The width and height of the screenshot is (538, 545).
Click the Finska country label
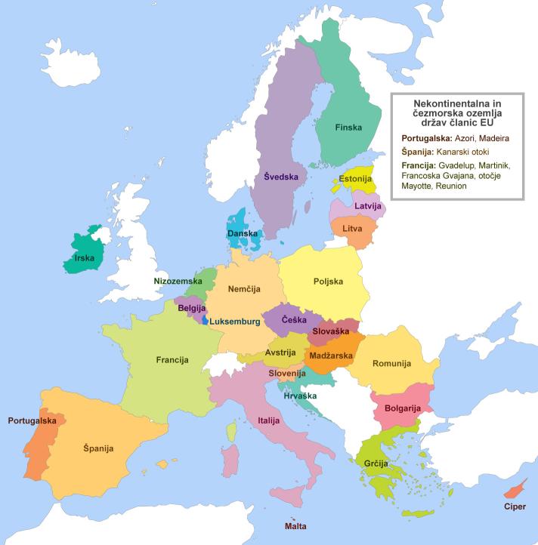(348, 128)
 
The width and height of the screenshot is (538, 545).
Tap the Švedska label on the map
(281, 177)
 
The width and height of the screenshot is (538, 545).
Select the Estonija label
(355, 179)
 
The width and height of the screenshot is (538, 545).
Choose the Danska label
(243, 234)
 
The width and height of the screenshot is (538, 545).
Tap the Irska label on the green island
(84, 257)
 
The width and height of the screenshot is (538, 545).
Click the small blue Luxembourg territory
(204, 320)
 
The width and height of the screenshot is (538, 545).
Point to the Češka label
(294, 319)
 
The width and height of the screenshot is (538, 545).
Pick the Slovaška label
(330, 331)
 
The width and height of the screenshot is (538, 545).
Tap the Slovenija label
(286, 373)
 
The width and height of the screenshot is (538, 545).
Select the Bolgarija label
(401, 408)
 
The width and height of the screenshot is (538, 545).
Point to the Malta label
(295, 525)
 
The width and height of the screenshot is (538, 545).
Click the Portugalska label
(32, 420)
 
